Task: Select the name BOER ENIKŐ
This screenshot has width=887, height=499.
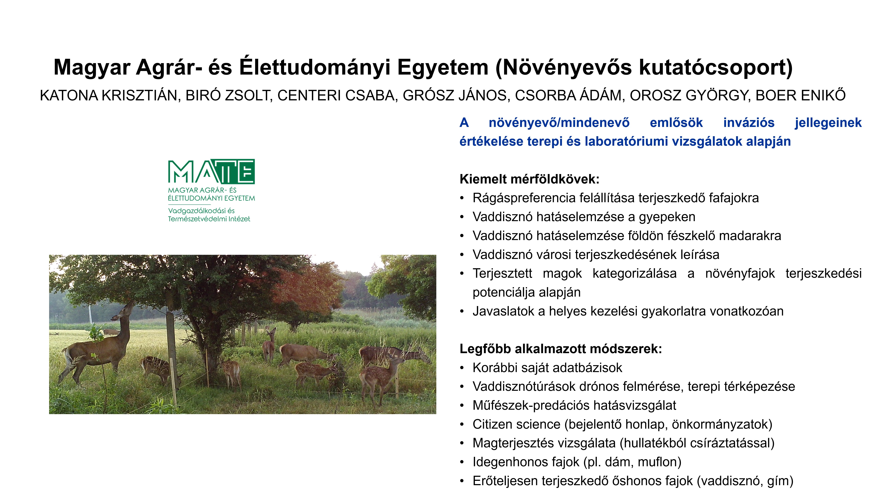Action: pos(801,95)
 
